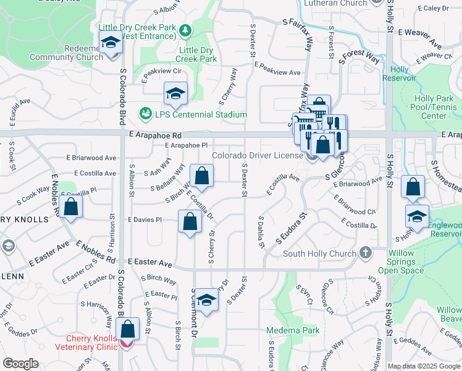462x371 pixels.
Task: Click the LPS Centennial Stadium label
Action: pos(201,114)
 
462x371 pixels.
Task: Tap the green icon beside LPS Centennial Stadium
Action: pos(146,114)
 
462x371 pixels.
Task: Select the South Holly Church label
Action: pos(319,254)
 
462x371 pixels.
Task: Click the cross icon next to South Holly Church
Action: pos(366,253)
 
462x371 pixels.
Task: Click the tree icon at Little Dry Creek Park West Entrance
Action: pos(184,30)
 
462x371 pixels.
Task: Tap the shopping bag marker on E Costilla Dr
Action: pos(201,176)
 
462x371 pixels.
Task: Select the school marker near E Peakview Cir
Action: pos(175,94)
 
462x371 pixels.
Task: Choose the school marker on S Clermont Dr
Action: pos(208,301)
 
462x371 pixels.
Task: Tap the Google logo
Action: pos(20,364)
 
